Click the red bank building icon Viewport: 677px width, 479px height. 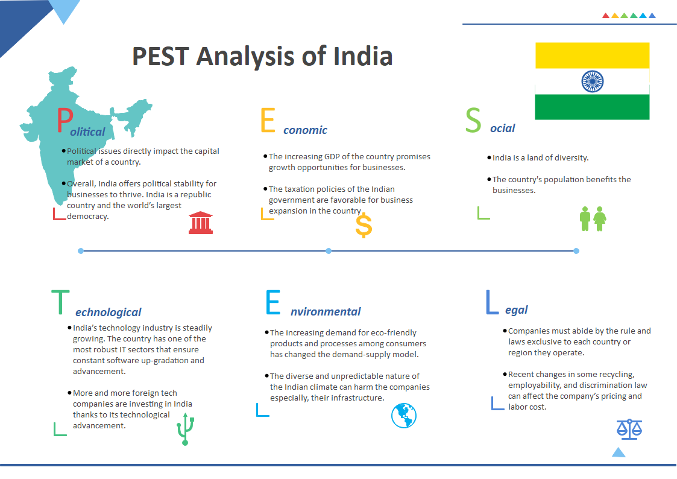201,223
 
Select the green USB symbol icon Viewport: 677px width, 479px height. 186,430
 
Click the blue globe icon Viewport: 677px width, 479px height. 404,415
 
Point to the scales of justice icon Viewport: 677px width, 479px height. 629,429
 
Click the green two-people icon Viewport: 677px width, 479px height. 593,218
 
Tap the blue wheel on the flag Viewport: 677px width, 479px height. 592,81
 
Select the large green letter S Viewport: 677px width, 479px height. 473,121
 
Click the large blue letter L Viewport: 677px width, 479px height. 492,302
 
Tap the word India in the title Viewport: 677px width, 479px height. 363,56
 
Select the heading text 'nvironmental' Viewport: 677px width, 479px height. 326,312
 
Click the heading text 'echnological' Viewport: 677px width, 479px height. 109,312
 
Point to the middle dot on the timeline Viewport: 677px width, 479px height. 329,250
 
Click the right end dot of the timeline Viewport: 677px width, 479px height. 576,250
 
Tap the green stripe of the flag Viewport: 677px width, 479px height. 592,107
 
